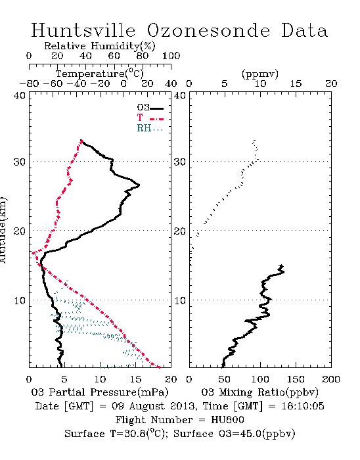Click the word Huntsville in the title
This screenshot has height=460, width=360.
point(83,30)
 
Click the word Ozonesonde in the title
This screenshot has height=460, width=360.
point(208,30)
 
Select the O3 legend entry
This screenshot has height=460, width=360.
point(150,108)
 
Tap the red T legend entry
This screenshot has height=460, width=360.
point(150,118)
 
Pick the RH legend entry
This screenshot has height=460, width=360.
point(150,128)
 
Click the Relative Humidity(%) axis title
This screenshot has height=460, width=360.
point(100,46)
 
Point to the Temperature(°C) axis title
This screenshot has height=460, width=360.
point(100,74)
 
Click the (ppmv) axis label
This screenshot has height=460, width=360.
point(260,74)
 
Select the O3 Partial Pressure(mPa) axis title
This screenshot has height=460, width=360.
point(100,392)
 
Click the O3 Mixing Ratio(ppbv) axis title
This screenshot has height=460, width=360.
point(259,392)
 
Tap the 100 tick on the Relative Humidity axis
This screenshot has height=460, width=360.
point(171,56)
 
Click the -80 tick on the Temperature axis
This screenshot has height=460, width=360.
point(29,83)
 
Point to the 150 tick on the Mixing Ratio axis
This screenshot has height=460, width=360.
point(296,379)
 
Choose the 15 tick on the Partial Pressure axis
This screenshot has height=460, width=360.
point(135,379)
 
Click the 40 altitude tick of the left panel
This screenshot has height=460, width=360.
point(20,96)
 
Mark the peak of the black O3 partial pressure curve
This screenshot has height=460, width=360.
point(139,185)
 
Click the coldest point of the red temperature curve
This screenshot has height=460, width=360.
point(32,252)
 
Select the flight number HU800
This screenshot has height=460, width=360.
point(227,420)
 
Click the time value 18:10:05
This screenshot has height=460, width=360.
point(303,406)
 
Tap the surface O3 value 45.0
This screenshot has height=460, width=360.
point(248,434)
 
